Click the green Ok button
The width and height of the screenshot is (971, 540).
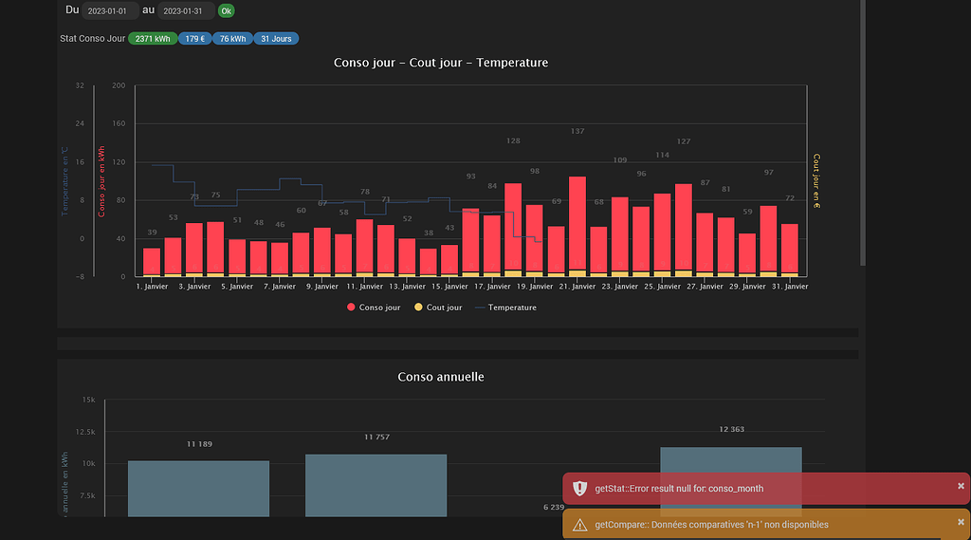coord(226,11)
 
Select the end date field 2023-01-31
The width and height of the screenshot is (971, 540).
coord(185,11)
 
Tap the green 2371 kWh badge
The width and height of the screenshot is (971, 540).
coord(153,39)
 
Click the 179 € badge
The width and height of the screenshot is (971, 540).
coord(193,39)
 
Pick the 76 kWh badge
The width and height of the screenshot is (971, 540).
coord(232,39)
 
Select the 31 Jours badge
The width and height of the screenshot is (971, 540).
coord(276,39)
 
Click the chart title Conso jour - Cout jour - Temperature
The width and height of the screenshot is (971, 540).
coord(441,63)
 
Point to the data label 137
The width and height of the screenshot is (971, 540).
coord(577,131)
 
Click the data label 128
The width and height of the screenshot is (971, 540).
coord(513,140)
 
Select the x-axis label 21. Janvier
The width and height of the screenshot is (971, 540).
coord(577,286)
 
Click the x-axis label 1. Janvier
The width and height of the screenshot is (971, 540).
coord(152,286)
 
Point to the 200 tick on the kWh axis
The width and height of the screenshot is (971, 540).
coord(119,85)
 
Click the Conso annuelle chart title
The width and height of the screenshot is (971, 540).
coord(441,377)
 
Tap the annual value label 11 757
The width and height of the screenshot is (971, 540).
coord(376,438)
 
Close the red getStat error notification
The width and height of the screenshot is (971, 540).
coord(961,486)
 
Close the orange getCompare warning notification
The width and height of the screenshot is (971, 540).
coord(961,522)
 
